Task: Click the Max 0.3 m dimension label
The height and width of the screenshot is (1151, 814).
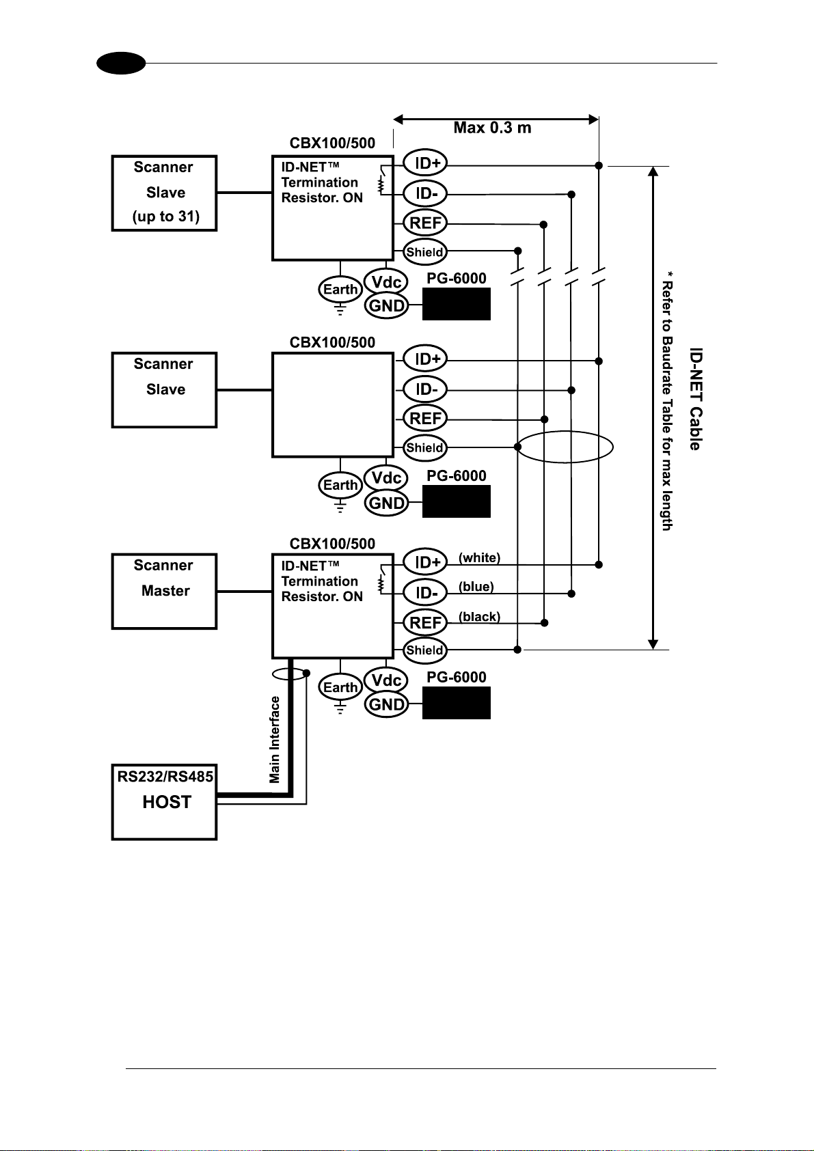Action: (492, 128)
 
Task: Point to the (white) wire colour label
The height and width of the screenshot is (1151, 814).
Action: (479, 557)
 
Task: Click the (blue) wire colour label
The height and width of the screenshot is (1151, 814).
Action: (476, 586)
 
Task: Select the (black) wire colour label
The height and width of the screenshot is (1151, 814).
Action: (479, 616)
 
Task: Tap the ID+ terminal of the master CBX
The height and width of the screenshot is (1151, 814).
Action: (425, 562)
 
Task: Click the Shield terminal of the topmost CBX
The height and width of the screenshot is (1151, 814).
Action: (424, 252)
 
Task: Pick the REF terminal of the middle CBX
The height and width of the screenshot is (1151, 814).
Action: (425, 418)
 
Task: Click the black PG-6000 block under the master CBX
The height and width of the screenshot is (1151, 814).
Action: (456, 702)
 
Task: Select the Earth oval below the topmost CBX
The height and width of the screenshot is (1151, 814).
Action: (340, 290)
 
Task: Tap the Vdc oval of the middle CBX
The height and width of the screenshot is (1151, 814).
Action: (386, 478)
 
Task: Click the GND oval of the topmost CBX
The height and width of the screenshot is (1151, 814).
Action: (386, 306)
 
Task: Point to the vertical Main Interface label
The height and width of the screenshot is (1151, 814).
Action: (275, 739)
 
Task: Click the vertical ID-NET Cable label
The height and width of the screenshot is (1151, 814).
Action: (695, 399)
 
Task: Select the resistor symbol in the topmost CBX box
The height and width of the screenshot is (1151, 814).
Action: (381, 184)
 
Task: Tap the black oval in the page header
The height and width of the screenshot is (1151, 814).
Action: (122, 64)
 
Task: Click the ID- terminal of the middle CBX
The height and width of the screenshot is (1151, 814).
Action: (425, 389)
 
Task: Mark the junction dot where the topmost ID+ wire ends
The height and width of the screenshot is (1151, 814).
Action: (599, 165)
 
